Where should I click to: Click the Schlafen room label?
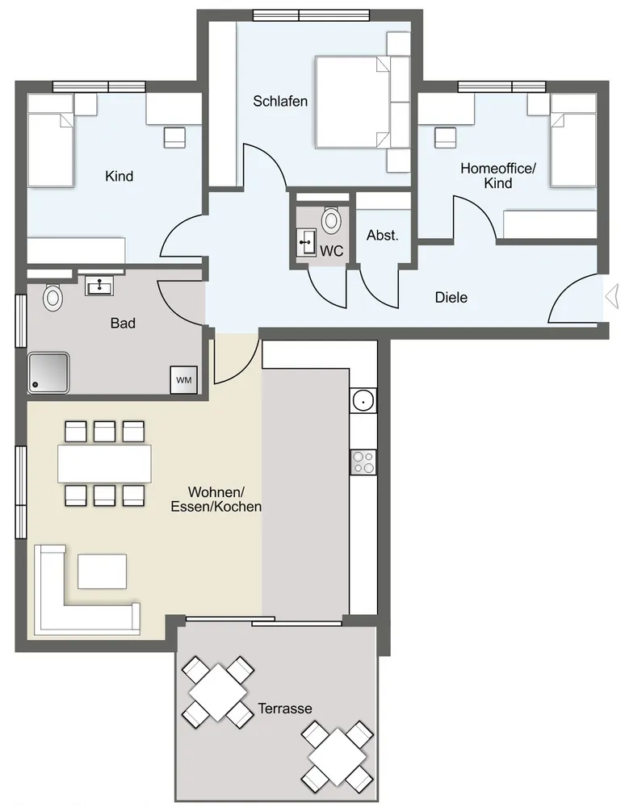click(280, 102)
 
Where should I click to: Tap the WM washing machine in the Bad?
click(184, 380)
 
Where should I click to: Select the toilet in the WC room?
click(330, 220)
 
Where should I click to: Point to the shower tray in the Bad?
click(48, 373)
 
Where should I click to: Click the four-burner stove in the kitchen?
click(363, 462)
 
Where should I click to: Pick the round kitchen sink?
click(363, 400)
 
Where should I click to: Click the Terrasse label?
click(285, 709)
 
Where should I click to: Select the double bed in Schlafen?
click(353, 102)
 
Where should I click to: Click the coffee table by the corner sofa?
click(102, 571)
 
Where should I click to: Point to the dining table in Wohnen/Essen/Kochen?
click(104, 464)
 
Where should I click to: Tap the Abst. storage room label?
click(383, 236)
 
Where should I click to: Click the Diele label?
click(451, 298)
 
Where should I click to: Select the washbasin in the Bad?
click(99, 286)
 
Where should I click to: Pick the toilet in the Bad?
click(52, 297)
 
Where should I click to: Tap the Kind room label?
click(119, 177)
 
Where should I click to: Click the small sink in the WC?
click(307, 242)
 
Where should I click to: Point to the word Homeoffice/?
click(498, 169)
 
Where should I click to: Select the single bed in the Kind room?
click(50, 140)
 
